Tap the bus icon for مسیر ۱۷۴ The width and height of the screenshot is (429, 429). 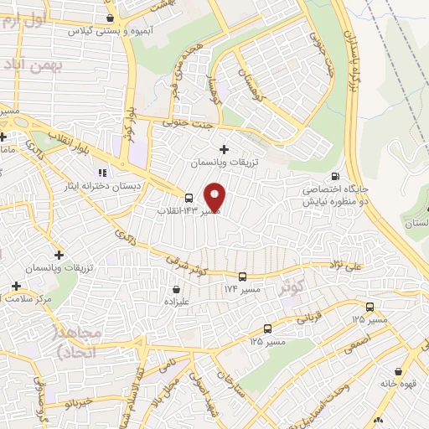coord(242,277)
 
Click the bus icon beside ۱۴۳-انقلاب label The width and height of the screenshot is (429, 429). coord(189,199)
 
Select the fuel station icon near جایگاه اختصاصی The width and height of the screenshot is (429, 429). coord(335,176)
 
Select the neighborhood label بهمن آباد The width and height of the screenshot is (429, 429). coord(25,65)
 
